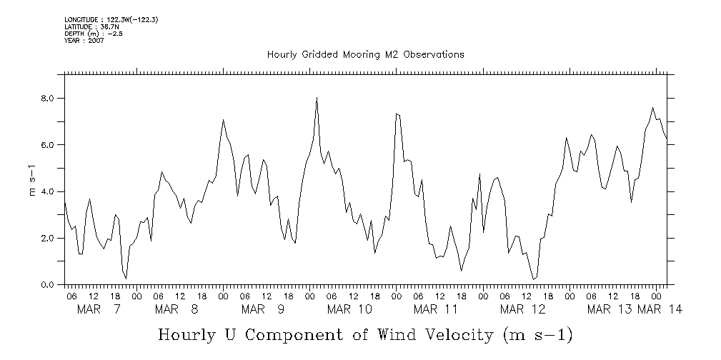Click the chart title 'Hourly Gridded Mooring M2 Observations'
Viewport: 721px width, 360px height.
[x=365, y=54]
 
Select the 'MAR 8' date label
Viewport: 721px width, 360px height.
[x=176, y=309]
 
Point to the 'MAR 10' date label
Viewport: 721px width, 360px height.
[x=349, y=309]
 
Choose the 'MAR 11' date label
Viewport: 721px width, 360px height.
[x=436, y=309]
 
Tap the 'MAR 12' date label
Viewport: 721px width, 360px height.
[x=522, y=309]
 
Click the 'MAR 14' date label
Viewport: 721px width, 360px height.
[x=660, y=309]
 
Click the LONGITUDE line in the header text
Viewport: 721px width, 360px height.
[x=111, y=19]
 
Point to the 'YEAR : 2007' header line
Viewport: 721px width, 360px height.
[x=84, y=41]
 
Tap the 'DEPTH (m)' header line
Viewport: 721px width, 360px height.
[x=94, y=34]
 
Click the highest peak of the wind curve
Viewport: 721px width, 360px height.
[x=317, y=98]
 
